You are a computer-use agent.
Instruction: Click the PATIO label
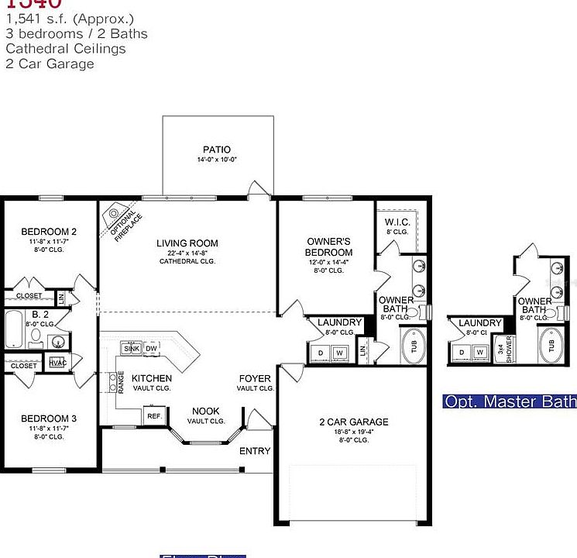click(x=217, y=150)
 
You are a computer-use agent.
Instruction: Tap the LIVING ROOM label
click(x=187, y=242)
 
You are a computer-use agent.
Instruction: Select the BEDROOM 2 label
click(x=49, y=232)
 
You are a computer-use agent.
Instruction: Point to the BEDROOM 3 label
click(x=49, y=418)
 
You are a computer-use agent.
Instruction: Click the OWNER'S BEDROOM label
click(x=328, y=246)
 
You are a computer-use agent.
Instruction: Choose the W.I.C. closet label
click(x=396, y=222)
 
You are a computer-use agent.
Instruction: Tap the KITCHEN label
click(x=152, y=378)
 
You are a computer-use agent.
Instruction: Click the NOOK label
click(x=205, y=411)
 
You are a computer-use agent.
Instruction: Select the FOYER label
click(x=255, y=378)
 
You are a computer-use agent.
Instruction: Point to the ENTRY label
click(x=255, y=451)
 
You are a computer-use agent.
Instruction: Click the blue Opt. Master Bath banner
click(x=509, y=401)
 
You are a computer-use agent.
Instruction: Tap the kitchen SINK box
click(x=132, y=349)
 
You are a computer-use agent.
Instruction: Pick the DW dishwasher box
click(x=152, y=349)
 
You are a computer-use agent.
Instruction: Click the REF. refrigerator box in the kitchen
click(x=153, y=416)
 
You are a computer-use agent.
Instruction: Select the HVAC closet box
click(x=57, y=362)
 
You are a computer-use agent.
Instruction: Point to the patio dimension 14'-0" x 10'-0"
click(x=217, y=160)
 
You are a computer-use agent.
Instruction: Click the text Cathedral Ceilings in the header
click(x=65, y=49)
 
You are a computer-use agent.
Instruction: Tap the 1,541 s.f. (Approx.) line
click(x=69, y=19)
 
